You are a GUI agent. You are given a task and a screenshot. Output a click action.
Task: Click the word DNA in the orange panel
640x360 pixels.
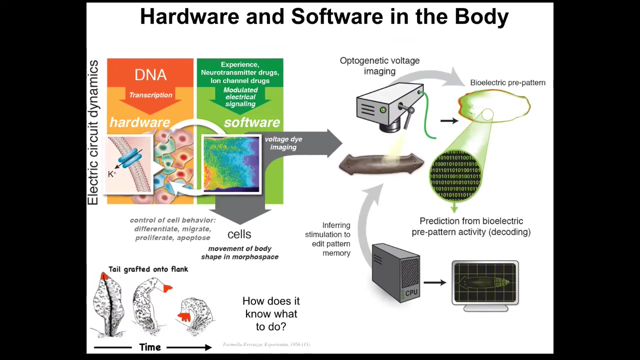pyautogui.click(x=150, y=75)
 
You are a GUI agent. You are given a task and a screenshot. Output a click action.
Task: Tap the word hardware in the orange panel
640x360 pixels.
pyautogui.click(x=139, y=122)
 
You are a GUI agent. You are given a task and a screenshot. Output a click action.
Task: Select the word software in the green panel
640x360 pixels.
pyautogui.click(x=251, y=122)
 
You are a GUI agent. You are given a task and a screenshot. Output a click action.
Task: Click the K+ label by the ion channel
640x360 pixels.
pyautogui.click(x=112, y=174)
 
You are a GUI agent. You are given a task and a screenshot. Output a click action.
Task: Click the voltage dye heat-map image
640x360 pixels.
pyautogui.click(x=231, y=164)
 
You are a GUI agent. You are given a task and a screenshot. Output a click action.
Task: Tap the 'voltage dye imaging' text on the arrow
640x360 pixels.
pyautogui.click(x=283, y=143)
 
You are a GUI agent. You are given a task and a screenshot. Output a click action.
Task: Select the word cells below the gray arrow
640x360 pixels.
pyautogui.click(x=239, y=234)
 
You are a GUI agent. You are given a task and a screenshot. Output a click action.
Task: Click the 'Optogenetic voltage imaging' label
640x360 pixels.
pyautogui.click(x=379, y=66)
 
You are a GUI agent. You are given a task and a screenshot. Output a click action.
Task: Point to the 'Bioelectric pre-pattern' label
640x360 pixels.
pyautogui.click(x=507, y=82)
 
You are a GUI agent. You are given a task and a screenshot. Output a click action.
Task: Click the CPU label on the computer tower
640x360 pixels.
pyautogui.click(x=411, y=292)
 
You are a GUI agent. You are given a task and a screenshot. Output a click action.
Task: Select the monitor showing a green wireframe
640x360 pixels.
pyautogui.click(x=485, y=283)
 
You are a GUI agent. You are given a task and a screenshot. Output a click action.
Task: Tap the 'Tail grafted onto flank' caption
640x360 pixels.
pyautogui.click(x=148, y=269)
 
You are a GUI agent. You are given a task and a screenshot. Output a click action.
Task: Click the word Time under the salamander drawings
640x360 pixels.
pyautogui.click(x=150, y=347)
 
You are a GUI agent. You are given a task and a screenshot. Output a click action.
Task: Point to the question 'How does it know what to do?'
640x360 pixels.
pyautogui.click(x=271, y=314)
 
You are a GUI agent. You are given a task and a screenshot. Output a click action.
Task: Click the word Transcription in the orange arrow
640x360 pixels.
pyautogui.click(x=150, y=95)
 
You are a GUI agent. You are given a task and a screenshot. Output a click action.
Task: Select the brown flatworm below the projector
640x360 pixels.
pyautogui.click(x=381, y=164)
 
